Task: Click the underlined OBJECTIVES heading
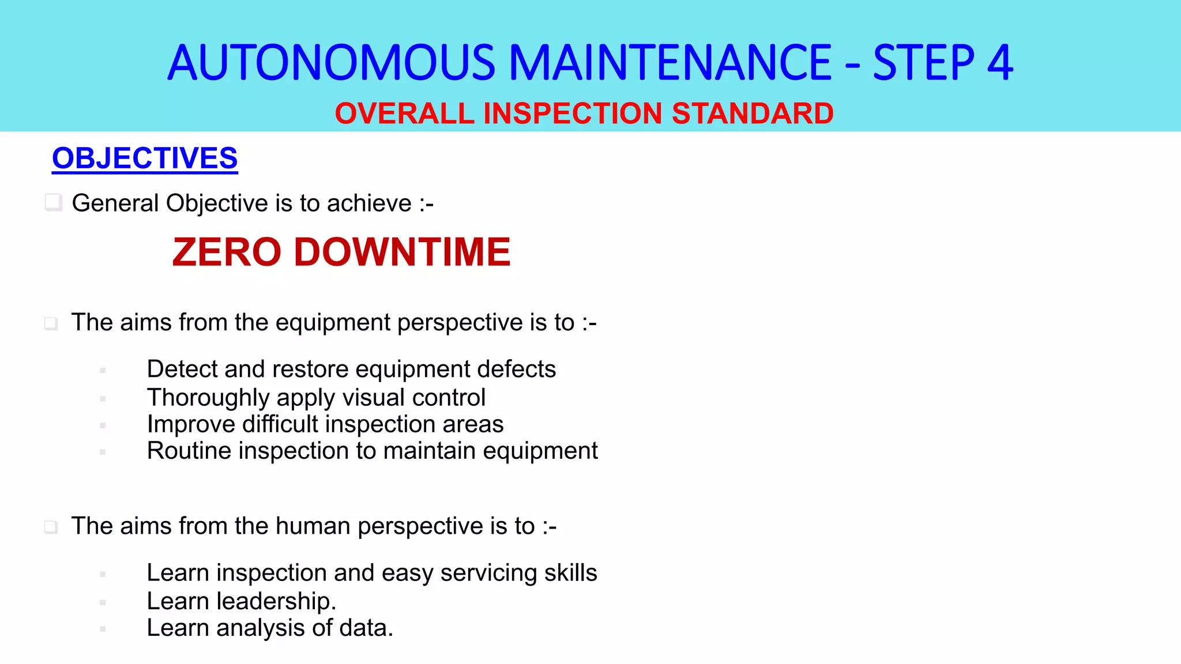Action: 145,158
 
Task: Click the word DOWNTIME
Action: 402,252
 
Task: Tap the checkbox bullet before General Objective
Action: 54,202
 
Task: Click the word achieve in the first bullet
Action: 369,203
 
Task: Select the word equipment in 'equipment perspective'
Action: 333,323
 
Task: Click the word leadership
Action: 276,601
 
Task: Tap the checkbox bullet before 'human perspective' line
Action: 51,527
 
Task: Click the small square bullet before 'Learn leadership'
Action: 103,602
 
